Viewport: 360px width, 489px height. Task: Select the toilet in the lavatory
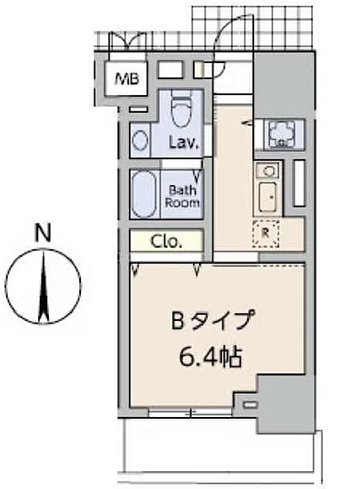[182, 110]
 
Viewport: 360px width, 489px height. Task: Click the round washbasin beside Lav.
[140, 140]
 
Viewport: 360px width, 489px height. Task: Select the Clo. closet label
[165, 240]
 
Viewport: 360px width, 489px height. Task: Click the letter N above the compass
[41, 235]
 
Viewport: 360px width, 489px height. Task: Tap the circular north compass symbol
[43, 286]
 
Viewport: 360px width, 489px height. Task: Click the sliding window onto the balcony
[190, 413]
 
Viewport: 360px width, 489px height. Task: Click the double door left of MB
[125, 40]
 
